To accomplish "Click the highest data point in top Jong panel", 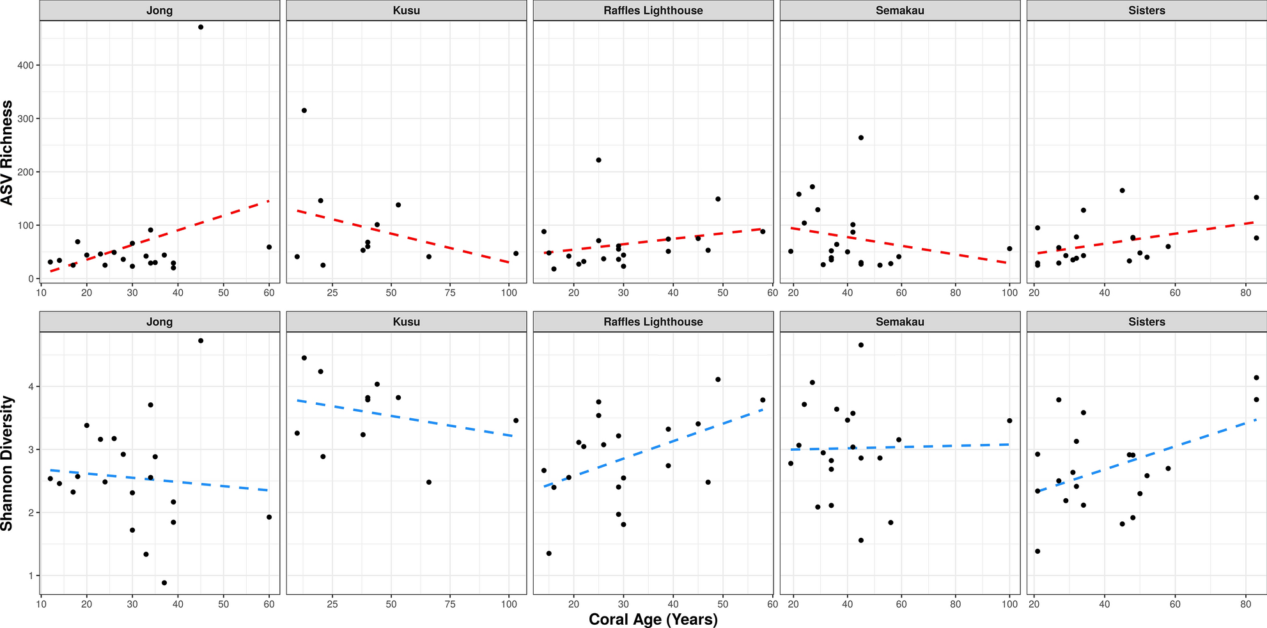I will coord(201,27).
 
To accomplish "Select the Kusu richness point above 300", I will coord(304,111).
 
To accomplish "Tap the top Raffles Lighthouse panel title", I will coord(653,10).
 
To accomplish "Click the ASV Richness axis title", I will coord(7,152).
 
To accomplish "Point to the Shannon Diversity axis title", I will coord(7,463).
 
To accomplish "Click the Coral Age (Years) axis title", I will coord(653,619).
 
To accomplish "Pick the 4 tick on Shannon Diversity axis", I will coord(31,386).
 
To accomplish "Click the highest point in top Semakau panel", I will coord(860,137).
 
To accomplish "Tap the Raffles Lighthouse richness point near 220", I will coord(598,160).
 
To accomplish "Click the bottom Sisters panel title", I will coord(1146,322).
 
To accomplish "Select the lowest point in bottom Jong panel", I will coord(164,583).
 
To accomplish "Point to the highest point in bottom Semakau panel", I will coord(860,345).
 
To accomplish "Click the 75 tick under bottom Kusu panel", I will coord(450,604).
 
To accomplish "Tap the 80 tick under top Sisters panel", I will coord(1245,292).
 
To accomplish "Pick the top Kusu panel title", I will coord(406,10).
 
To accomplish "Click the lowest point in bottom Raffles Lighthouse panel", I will coord(548,553).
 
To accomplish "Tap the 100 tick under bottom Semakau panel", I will coord(1009,604).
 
